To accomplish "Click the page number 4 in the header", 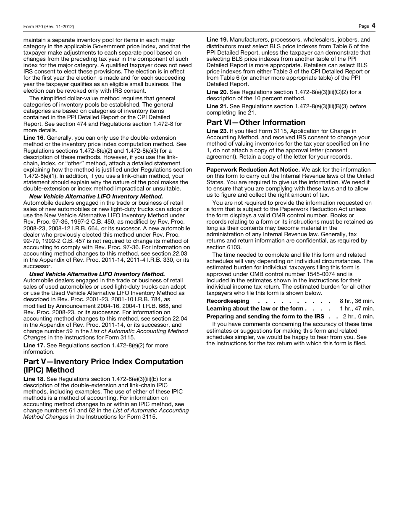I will [x=373, y=26].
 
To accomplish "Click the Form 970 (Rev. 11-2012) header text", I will [x=49, y=26].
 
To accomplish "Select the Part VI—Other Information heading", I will [x=256, y=122].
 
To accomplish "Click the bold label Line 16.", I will [x=34, y=138].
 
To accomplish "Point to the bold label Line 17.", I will [x=34, y=346].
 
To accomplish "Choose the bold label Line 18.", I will [x=34, y=379].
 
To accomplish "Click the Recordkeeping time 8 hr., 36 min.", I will [x=357, y=301].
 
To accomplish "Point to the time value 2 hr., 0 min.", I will [x=358, y=317].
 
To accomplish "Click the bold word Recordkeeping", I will [x=228, y=301].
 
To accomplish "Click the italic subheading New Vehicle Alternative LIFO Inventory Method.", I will [x=96, y=196].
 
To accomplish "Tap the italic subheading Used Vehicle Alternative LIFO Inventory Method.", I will [x=97, y=274].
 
